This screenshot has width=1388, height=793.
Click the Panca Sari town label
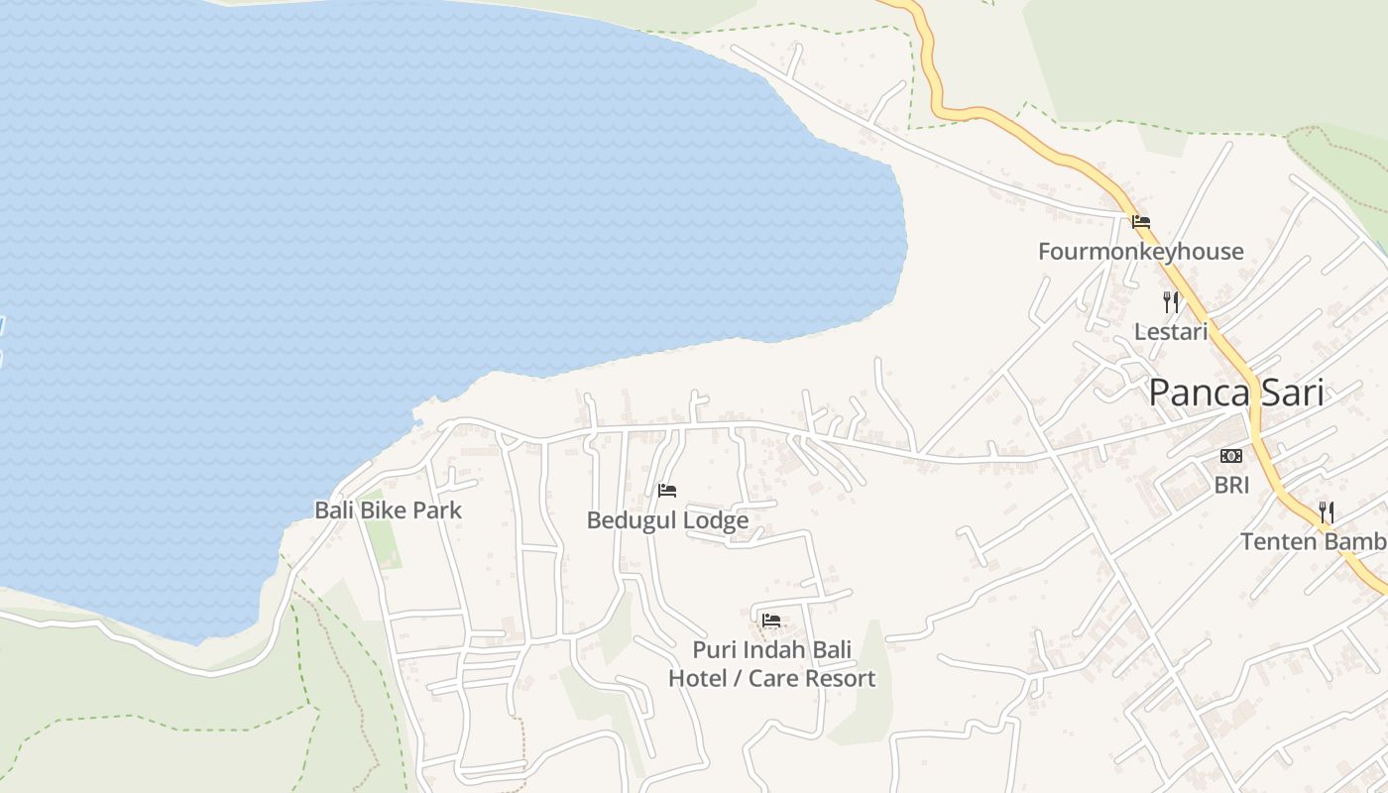coord(1236,394)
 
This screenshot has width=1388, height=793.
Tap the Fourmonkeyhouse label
coord(1140,252)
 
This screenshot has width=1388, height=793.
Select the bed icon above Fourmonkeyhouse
coord(1141,222)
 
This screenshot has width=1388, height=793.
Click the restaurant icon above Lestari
coord(1171,301)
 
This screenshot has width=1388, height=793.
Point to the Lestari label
coord(1171,332)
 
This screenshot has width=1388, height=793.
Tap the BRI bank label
coord(1231,486)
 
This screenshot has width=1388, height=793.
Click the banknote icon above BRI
coord(1231,456)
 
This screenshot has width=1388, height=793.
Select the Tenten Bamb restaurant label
coord(1314,542)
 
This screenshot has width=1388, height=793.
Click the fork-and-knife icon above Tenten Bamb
coord(1326,512)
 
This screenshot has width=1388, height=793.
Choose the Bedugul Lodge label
coord(667,520)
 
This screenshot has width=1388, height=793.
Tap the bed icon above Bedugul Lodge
coord(667,491)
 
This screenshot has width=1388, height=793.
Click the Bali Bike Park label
coord(388,510)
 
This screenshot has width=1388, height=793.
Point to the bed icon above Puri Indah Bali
coord(771,622)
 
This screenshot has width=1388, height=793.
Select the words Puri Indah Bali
coord(771,652)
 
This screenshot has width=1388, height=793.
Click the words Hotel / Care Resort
coord(771,679)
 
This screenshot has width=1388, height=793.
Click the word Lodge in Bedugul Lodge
coord(719,520)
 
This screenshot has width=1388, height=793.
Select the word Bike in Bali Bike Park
coord(387,510)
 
